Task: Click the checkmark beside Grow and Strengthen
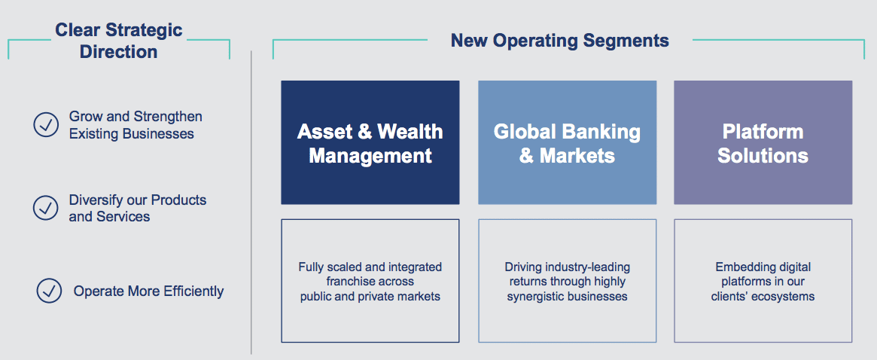[x=46, y=125]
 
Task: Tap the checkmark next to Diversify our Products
[x=46, y=208]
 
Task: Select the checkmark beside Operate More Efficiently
[x=49, y=291]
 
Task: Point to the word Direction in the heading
[x=119, y=52]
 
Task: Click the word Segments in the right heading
[x=626, y=41]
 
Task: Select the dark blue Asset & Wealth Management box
[x=370, y=142]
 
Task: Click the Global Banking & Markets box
[x=567, y=142]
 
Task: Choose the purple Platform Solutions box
[x=763, y=142]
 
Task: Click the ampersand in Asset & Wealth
[x=364, y=132]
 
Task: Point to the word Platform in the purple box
[x=763, y=132]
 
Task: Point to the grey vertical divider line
[x=251, y=202]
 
